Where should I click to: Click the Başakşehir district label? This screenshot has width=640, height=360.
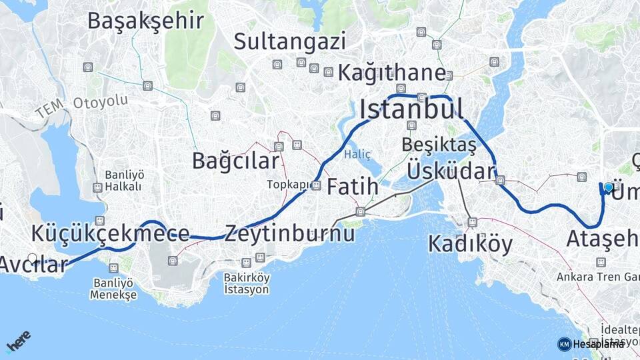point(145,21)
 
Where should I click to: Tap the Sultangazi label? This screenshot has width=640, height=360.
point(289,42)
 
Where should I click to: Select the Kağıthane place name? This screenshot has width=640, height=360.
point(391,73)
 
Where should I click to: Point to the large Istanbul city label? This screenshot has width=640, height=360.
point(411,109)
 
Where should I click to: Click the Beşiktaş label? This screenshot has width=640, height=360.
point(439,145)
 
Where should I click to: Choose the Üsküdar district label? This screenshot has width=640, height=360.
point(451,171)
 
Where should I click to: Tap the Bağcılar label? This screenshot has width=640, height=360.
point(235,161)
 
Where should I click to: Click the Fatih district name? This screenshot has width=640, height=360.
point(353,187)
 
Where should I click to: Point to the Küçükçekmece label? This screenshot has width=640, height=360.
point(110,233)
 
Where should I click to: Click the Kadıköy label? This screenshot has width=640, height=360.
point(470,244)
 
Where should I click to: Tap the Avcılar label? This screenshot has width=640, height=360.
point(33,264)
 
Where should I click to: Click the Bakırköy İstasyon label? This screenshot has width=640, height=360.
point(247,283)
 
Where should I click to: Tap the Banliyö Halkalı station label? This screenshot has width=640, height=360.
point(123,181)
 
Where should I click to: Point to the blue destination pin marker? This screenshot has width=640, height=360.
point(608,188)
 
